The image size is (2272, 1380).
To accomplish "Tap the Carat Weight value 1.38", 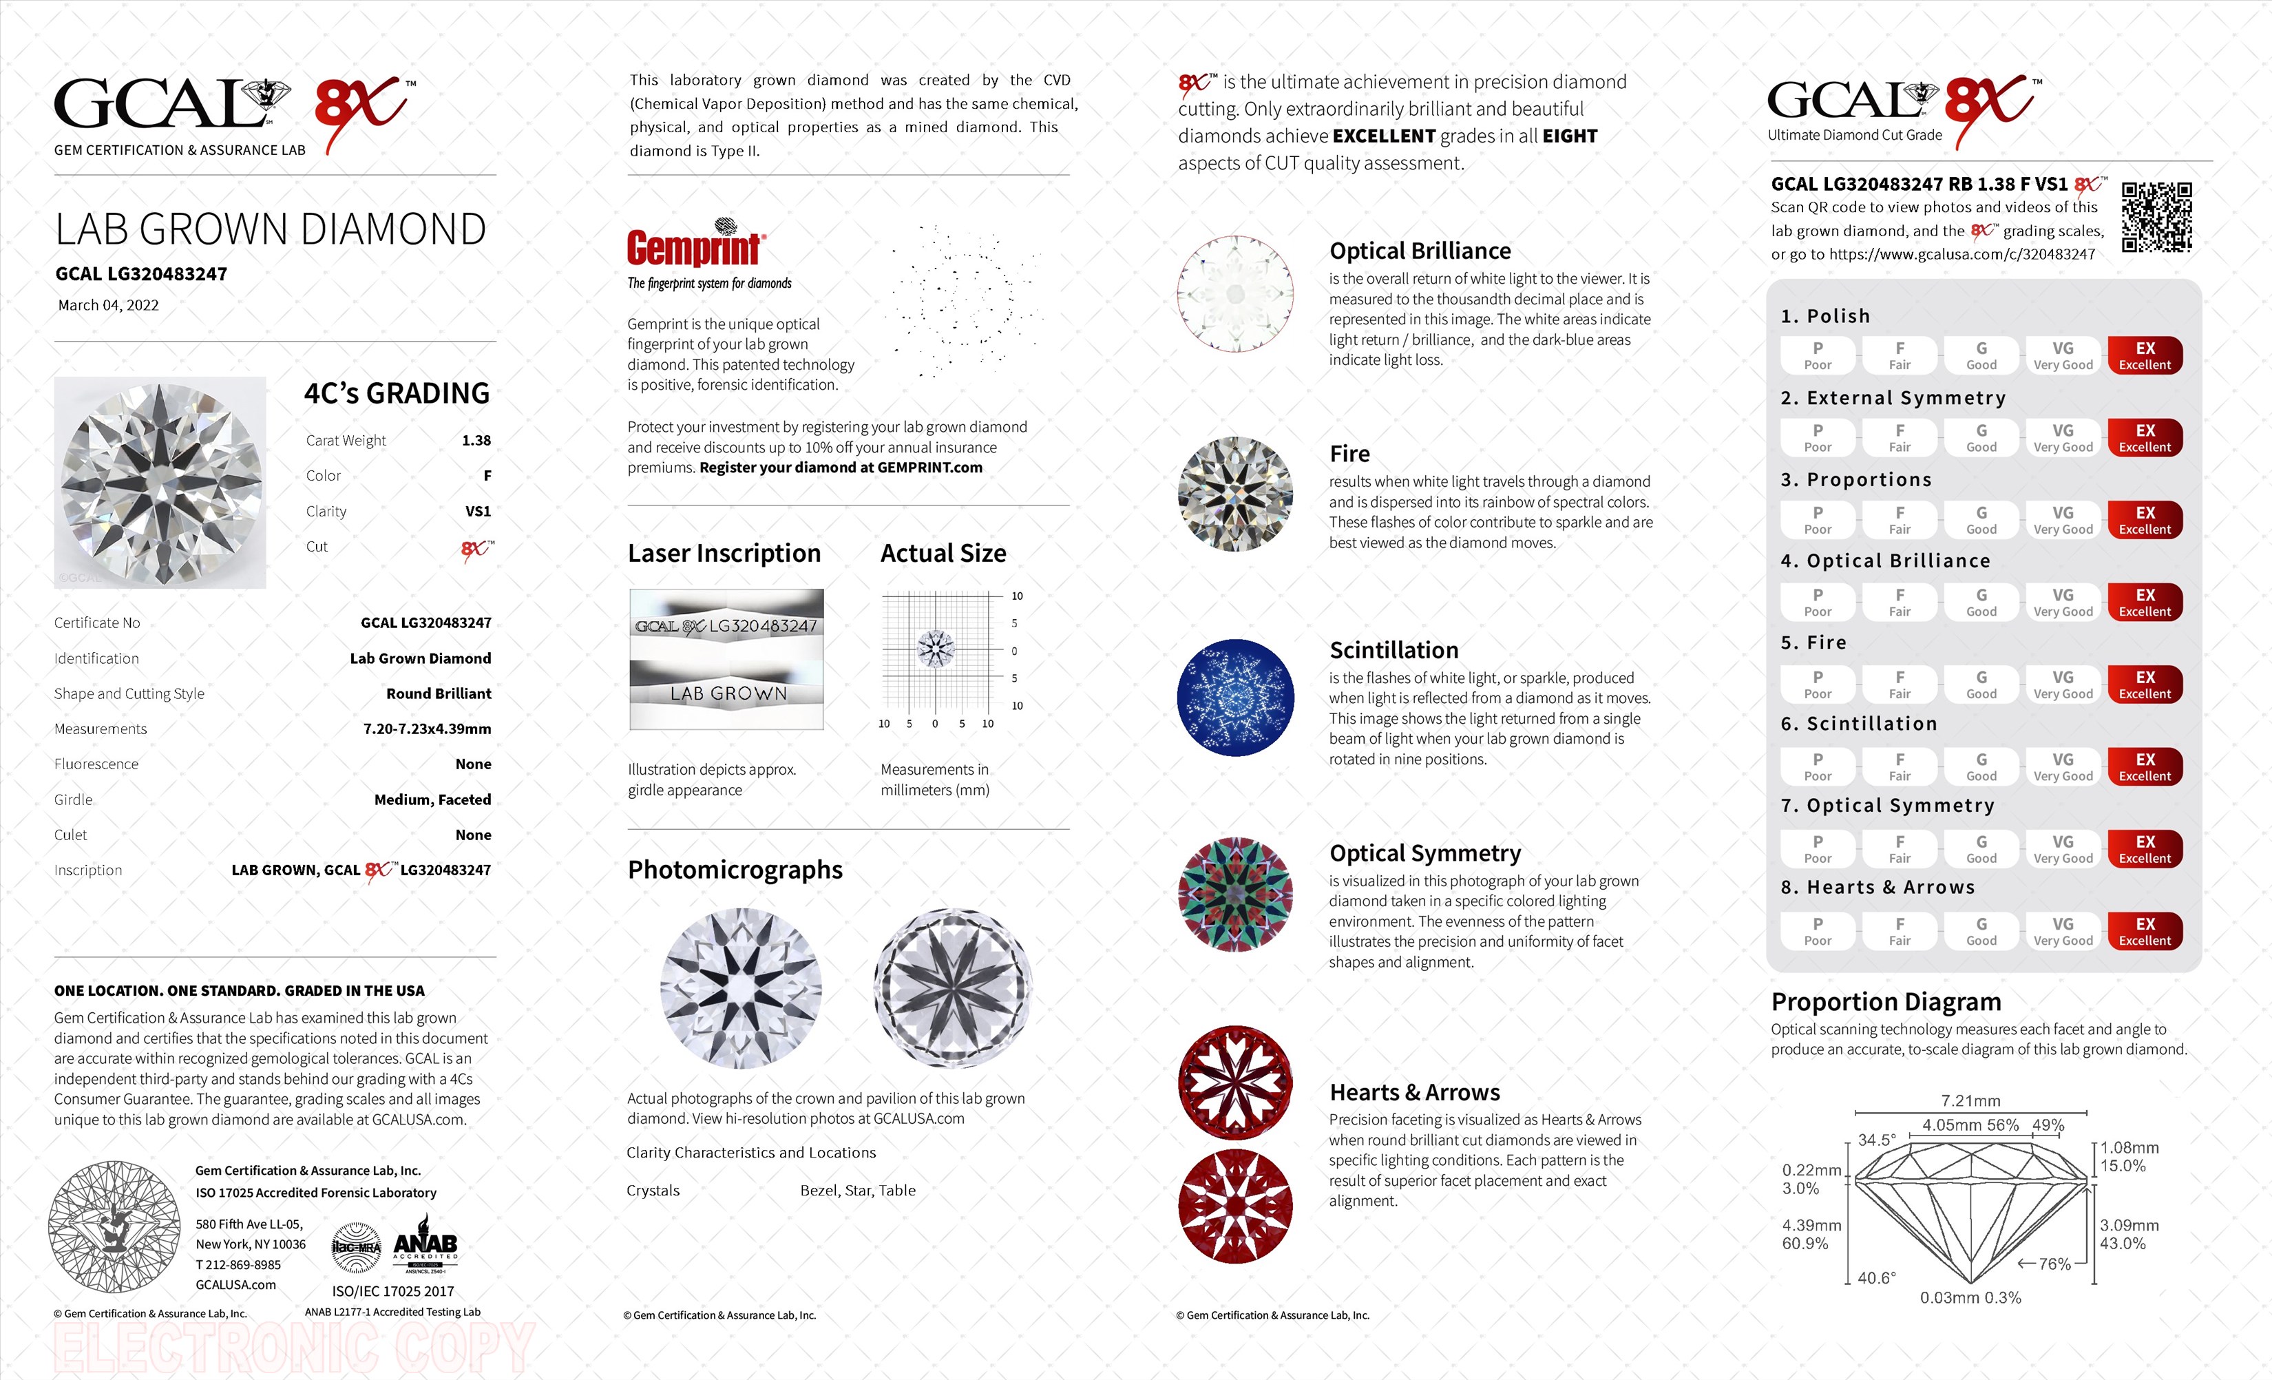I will [x=476, y=440].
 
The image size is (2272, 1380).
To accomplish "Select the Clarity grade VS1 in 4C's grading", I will [x=478, y=511].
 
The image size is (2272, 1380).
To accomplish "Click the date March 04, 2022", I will [x=108, y=305].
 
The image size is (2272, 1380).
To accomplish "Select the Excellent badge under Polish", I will [x=2145, y=355].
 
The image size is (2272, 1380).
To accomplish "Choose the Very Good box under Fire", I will [x=2063, y=684].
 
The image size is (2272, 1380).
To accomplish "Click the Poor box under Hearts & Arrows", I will [x=1818, y=931].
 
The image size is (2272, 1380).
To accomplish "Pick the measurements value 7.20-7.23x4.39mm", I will [x=427, y=729].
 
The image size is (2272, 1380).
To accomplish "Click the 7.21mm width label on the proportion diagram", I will [x=1970, y=1100].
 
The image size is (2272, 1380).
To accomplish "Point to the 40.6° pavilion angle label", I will [x=1876, y=1277].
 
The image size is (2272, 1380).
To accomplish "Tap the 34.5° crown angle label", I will [x=1876, y=1140].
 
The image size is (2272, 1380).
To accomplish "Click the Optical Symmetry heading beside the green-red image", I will [x=1424, y=853].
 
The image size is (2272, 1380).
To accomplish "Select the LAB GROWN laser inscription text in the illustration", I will [x=728, y=693].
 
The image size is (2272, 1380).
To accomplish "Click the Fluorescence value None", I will [x=473, y=764].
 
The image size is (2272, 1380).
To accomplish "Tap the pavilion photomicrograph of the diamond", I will [x=952, y=988].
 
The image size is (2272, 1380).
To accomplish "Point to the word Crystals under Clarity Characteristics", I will [x=653, y=1190].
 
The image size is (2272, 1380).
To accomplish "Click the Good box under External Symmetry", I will [x=1981, y=437].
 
